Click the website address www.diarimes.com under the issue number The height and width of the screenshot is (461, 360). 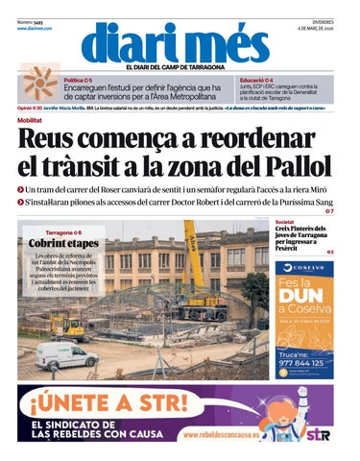(35, 29)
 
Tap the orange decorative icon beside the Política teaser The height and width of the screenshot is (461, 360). (39, 85)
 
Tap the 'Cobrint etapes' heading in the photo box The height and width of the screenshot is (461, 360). (64, 244)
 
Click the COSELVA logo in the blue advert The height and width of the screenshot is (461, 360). (304, 267)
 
